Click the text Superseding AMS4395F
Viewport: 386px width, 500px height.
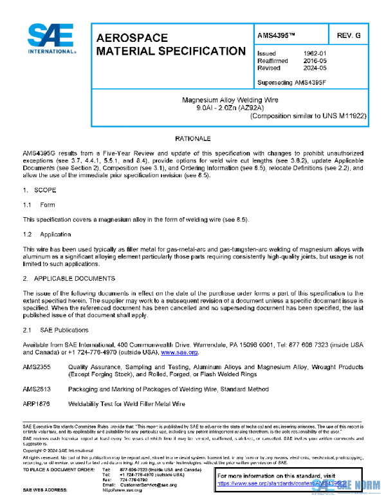pyautogui.click(x=291, y=82)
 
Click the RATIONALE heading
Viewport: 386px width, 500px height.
pyautogui.click(x=193, y=139)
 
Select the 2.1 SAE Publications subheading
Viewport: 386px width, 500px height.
pyautogui.click(x=58, y=329)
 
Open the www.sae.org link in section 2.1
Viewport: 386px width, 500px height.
pyautogui.click(x=179, y=352)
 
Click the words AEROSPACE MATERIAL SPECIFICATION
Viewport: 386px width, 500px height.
pyautogui.click(x=170, y=44)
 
